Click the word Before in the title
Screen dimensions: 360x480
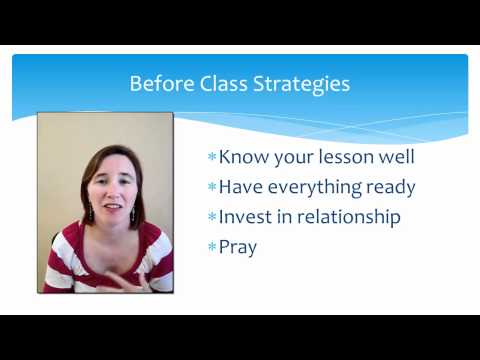point(161,84)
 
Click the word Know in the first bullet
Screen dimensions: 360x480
point(241,157)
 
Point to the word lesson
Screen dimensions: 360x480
point(350,157)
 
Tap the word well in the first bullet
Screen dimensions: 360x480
point(399,157)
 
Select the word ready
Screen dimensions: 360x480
point(390,188)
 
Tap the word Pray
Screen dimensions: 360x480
point(238,247)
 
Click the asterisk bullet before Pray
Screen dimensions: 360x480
point(212,246)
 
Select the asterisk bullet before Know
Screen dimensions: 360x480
point(212,156)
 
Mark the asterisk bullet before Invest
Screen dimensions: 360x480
point(212,216)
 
